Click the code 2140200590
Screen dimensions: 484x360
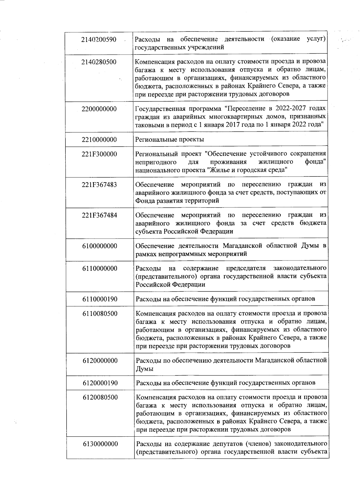point(99,40)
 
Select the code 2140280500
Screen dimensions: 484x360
point(99,62)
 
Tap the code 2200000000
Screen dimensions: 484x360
point(99,109)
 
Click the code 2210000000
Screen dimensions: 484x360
point(99,140)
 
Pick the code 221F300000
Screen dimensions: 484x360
point(99,154)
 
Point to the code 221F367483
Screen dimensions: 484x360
point(99,185)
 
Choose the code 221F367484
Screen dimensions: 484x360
point(99,215)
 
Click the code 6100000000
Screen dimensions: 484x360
point(100,246)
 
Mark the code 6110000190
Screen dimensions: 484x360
point(100,299)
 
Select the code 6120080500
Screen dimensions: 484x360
point(100,397)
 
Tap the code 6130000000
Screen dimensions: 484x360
point(100,444)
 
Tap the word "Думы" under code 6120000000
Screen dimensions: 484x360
point(145,369)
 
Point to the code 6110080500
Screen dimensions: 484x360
point(100,314)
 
